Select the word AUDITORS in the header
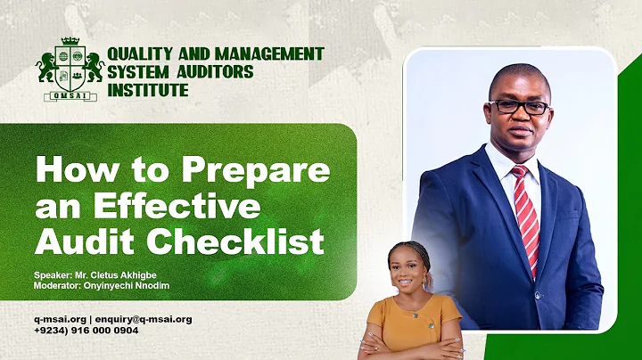click(x=215, y=72)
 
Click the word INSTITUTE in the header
click(x=148, y=90)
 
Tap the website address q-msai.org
click(x=59, y=319)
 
